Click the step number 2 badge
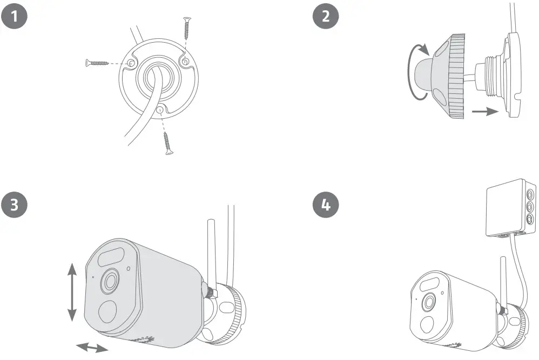(325, 16)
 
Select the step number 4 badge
(325, 205)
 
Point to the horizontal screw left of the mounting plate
(99, 63)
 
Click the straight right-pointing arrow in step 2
(484, 112)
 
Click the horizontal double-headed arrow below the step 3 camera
(92, 347)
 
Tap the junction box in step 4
(510, 208)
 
